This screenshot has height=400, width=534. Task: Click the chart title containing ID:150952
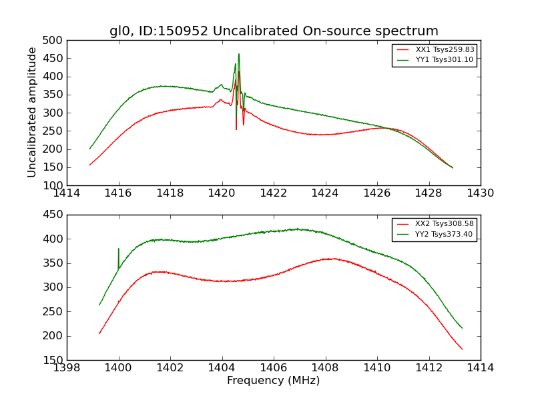tap(274, 31)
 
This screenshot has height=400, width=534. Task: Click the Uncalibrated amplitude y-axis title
tap(32, 112)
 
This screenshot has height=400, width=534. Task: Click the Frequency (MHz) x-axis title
tap(274, 381)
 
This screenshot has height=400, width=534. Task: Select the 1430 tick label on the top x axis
tap(481, 193)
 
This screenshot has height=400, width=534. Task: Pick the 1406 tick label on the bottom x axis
tap(273, 368)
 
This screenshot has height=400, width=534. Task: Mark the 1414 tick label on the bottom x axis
tap(481, 368)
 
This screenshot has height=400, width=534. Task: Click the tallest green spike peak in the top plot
tap(239, 54)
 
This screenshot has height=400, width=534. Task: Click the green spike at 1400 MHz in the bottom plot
tap(119, 249)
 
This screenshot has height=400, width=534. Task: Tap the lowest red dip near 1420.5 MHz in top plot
tap(236, 129)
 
